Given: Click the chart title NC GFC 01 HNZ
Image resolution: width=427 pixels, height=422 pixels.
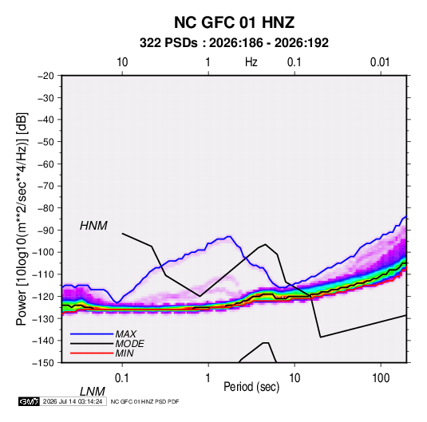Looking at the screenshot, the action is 234,22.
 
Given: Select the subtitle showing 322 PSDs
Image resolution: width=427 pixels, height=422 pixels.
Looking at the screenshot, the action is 234,43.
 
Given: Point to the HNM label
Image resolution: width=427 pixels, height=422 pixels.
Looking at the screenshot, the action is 93,226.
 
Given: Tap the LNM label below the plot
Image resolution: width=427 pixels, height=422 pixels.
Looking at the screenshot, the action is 93,392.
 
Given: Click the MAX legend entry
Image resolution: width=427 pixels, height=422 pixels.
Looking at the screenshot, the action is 125,334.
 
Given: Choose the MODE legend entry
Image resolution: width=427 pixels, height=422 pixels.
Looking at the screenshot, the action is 129,344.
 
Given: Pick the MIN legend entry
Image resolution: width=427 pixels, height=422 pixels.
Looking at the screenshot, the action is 125,353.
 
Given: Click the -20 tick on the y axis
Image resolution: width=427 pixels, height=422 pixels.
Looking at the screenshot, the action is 45,76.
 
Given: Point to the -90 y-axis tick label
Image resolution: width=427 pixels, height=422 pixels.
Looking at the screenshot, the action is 45,230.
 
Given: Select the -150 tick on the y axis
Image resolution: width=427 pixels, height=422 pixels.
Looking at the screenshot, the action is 43,363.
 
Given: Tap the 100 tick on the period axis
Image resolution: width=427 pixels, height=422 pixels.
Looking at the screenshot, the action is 381,378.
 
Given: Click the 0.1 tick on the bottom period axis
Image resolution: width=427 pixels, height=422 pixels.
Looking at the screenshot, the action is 122,378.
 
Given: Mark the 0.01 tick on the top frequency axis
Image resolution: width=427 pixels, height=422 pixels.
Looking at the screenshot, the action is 380,62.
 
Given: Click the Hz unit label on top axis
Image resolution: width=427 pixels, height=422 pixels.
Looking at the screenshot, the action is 251,62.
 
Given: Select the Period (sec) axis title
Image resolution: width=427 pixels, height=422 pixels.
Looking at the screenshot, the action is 251,387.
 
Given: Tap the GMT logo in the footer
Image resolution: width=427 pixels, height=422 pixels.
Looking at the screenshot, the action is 30,401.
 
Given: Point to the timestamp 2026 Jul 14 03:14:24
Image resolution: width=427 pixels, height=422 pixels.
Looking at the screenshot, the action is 73,401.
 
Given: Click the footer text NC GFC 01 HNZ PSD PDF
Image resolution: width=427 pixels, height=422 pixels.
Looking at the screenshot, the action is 145,401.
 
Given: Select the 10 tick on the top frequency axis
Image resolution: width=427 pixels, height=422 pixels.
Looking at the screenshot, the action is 122,62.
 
